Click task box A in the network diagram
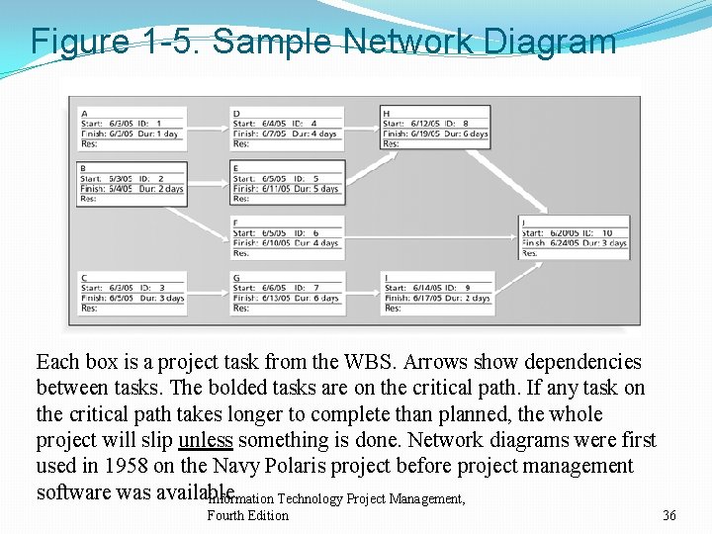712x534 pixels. coord(133,129)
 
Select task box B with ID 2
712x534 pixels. coord(133,183)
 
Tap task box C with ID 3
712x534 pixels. coord(133,293)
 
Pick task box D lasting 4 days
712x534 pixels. coord(287,129)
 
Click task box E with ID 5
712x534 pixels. coord(287,183)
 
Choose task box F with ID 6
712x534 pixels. coord(287,237)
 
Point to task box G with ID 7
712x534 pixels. coord(287,293)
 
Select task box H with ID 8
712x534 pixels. coord(435,129)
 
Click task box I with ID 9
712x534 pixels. coord(435,293)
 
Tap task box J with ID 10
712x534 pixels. coord(574,237)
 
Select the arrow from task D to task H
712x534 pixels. coord(361,128)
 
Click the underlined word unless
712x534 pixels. coord(206,440)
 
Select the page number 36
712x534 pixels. coord(669,515)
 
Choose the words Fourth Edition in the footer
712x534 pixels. coord(248,515)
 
